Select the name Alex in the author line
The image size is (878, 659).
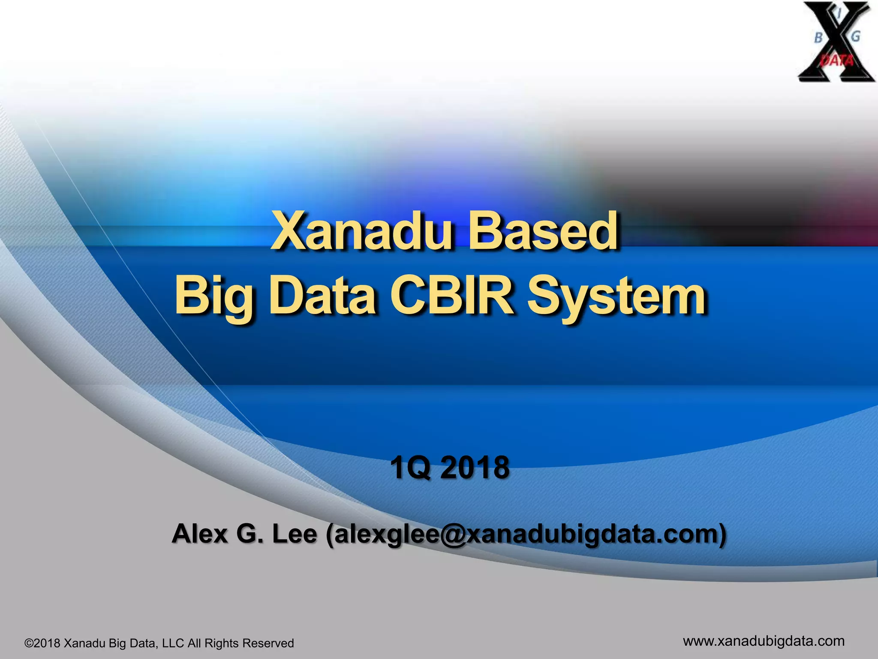pos(199,534)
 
